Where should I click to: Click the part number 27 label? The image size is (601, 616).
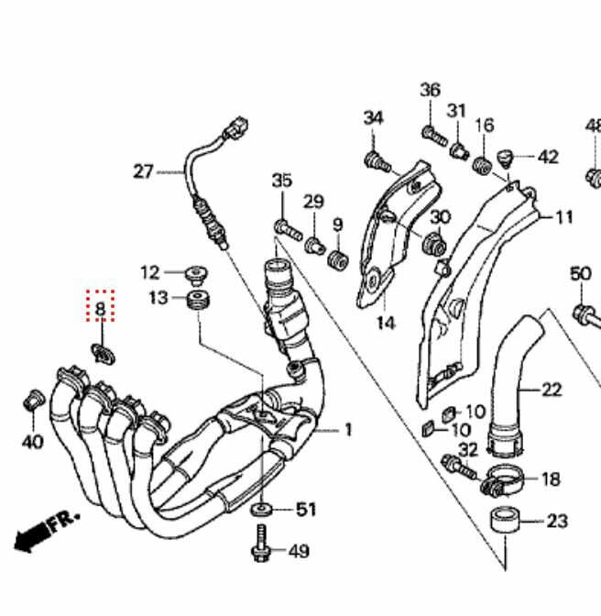click(143, 171)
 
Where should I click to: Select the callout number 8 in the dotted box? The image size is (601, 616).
click(101, 309)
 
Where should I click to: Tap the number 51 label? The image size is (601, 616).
click(306, 510)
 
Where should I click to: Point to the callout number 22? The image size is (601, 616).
click(552, 390)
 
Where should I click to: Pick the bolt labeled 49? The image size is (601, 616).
click(261, 543)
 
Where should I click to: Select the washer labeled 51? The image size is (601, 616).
click(261, 510)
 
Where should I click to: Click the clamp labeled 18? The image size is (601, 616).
click(502, 481)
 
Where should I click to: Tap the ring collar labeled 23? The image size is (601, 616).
click(505, 520)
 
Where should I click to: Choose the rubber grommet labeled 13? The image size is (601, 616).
click(198, 300)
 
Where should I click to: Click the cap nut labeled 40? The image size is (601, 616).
click(34, 400)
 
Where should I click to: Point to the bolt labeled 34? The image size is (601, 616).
click(377, 162)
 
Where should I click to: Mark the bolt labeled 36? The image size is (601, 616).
click(434, 136)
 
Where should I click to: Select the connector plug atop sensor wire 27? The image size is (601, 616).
click(235, 127)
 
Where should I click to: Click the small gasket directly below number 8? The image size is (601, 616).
click(104, 353)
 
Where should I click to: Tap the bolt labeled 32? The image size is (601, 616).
click(459, 467)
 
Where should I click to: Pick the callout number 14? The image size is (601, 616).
click(386, 323)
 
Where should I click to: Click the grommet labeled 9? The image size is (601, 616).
click(338, 260)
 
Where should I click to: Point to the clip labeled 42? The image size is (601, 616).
click(506, 159)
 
